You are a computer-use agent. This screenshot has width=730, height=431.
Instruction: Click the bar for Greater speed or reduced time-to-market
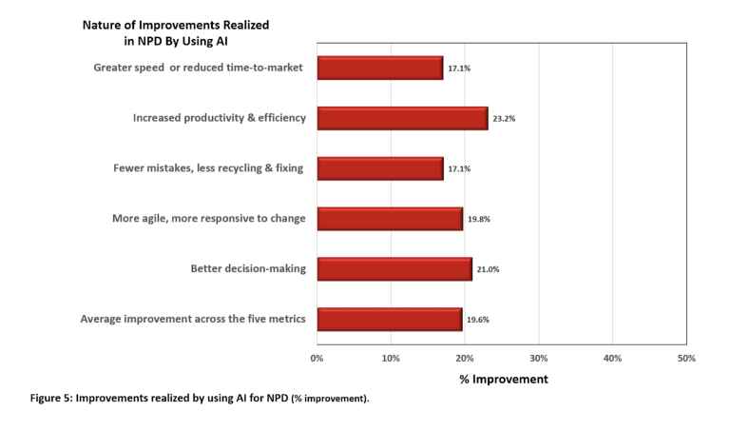[380, 68]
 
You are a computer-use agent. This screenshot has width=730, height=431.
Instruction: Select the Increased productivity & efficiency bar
[402, 118]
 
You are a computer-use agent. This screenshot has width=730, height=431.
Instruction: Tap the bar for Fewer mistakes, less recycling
[380, 168]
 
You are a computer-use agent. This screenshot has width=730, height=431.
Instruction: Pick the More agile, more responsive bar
[390, 219]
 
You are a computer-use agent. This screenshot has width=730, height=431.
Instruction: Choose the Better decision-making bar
[394, 269]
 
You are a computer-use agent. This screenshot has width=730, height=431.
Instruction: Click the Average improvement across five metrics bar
[389, 320]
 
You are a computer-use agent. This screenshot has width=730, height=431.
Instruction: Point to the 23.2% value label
[504, 119]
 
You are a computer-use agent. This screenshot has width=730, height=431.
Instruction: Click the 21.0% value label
[488, 270]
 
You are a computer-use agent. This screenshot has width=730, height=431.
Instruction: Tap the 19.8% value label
[479, 220]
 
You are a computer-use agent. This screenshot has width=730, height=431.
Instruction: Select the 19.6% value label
[478, 321]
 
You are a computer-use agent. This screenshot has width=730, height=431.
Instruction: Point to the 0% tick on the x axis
[317, 359]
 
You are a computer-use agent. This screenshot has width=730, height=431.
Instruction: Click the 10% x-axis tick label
[391, 359]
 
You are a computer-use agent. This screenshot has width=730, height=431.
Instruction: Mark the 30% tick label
[538, 359]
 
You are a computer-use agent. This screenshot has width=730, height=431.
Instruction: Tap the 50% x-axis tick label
[686, 359]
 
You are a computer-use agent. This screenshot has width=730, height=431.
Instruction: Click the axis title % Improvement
[503, 380]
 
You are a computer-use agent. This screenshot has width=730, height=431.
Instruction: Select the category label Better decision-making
[248, 269]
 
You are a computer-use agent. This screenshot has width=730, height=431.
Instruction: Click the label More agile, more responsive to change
[208, 219]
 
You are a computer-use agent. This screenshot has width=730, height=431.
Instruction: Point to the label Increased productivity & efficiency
[220, 118]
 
